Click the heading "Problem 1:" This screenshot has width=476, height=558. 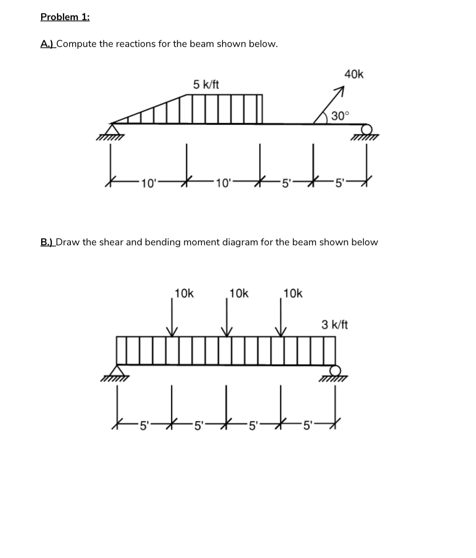65,17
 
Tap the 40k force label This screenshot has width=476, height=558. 354,75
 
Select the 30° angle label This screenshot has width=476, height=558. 340,116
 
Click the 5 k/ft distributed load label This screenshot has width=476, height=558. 206,85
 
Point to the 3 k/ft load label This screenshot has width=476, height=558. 334,325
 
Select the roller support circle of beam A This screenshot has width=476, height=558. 367,129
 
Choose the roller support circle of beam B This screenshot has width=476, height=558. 335,371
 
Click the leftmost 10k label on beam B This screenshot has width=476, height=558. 184,294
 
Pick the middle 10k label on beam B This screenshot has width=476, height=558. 239,294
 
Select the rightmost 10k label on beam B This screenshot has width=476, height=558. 293,294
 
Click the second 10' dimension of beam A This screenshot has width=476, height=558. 224,183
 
